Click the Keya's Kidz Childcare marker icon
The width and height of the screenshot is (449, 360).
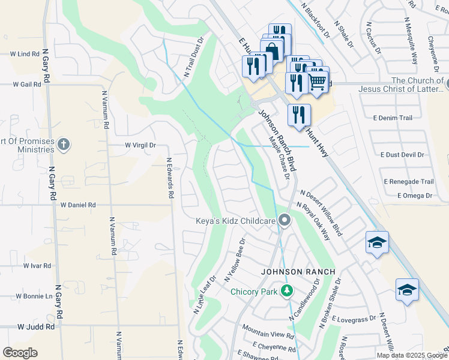tap(285, 221)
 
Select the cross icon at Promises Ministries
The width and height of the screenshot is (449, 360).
tap(64, 144)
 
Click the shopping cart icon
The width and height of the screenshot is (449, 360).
tap(318, 82)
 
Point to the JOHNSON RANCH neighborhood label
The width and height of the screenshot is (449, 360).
tap(298, 272)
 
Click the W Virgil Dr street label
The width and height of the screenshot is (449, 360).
tap(140, 145)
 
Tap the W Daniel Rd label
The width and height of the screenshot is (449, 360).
tap(78, 205)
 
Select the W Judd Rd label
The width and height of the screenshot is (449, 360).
tap(36, 327)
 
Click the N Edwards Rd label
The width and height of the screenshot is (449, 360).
tap(170, 178)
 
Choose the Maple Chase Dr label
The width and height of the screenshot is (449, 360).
tap(280, 157)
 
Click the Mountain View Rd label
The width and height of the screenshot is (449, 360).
tap(267, 331)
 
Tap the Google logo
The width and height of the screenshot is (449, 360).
tap(20, 353)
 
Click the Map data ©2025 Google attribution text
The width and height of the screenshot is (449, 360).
tap(411, 355)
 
